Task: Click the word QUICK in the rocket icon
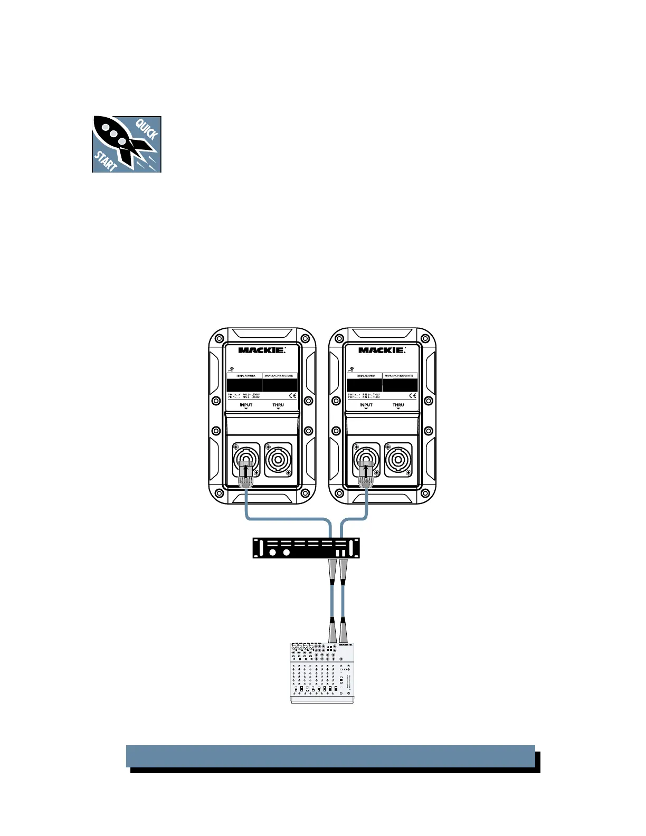click(147, 129)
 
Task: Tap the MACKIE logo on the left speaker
click(262, 350)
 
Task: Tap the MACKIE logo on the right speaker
click(382, 350)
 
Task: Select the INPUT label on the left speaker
click(246, 405)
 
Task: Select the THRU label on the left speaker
click(278, 405)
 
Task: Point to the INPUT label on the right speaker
click(366, 405)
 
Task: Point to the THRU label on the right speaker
click(398, 405)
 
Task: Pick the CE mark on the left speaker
click(292, 395)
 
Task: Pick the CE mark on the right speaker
click(413, 395)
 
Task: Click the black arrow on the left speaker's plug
click(246, 467)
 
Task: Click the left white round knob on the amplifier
click(272, 553)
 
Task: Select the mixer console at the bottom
click(322, 672)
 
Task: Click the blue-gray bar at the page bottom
click(330, 756)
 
